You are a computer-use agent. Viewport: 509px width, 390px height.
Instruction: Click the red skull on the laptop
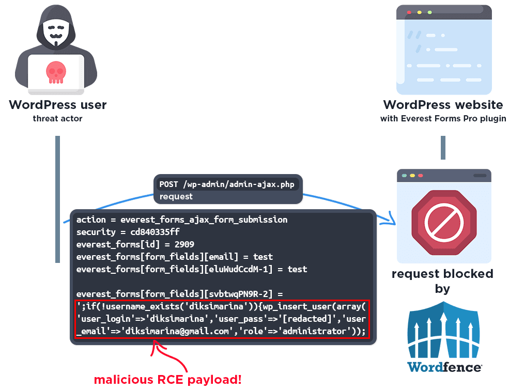56,72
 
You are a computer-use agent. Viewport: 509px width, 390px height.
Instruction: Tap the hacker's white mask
56,32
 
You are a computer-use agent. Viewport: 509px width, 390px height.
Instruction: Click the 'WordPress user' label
58,105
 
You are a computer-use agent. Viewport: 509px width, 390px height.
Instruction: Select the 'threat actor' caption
57,118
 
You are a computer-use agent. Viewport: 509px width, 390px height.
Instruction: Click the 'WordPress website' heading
443,105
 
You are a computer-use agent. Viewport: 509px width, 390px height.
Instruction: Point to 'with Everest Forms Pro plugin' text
443,119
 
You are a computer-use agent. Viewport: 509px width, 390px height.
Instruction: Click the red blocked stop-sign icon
444,223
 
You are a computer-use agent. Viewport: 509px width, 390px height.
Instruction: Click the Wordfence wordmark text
444,367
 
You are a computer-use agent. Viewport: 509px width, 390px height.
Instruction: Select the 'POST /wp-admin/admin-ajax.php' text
226,184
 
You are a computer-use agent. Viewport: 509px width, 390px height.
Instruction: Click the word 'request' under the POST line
176,197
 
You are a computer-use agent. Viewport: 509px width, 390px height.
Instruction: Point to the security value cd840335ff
155,232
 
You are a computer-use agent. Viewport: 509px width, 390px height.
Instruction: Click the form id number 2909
184,244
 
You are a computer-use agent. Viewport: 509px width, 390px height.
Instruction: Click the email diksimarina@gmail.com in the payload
177,331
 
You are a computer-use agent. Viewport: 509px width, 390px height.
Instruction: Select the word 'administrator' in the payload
314,331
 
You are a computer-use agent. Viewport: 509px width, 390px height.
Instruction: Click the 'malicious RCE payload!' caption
168,380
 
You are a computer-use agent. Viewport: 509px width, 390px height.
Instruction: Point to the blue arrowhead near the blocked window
390,219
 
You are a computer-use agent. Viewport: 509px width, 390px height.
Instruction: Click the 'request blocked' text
442,274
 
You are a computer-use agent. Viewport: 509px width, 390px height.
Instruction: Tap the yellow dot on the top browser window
420,12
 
